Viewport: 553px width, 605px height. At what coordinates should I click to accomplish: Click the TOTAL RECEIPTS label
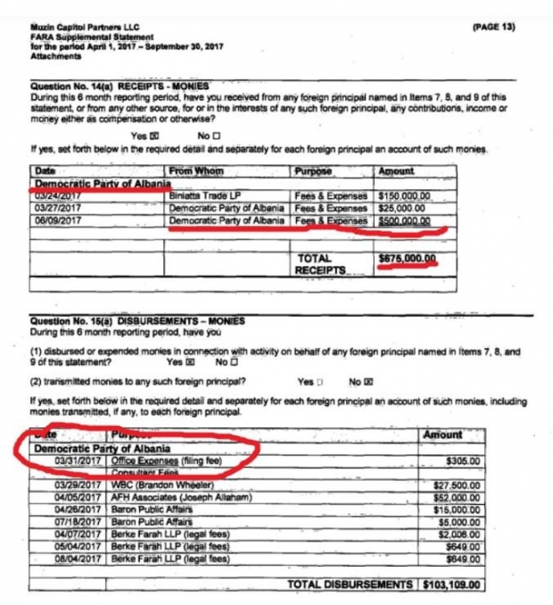click(322, 264)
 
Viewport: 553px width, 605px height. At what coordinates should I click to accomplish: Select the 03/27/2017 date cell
click(56, 207)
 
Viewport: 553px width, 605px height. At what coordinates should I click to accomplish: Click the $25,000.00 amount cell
click(404, 207)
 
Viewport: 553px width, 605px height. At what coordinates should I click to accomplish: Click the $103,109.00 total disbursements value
click(451, 584)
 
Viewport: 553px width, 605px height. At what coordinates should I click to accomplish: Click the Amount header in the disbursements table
click(442, 435)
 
